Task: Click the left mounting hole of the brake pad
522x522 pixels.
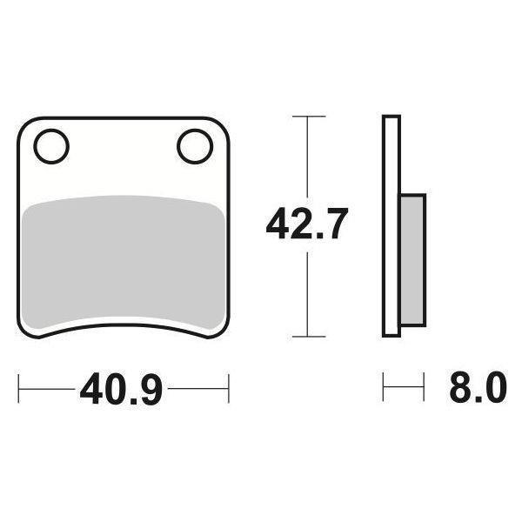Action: tap(52, 146)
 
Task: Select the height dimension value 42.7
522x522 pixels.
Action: tap(307, 226)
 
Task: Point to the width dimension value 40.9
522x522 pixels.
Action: tap(122, 389)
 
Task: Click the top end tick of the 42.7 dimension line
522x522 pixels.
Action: tap(308, 116)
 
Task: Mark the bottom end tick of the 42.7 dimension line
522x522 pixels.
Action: tap(308, 337)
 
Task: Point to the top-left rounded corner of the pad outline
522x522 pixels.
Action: tap(26, 124)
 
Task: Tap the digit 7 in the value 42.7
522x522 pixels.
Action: tap(336, 226)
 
